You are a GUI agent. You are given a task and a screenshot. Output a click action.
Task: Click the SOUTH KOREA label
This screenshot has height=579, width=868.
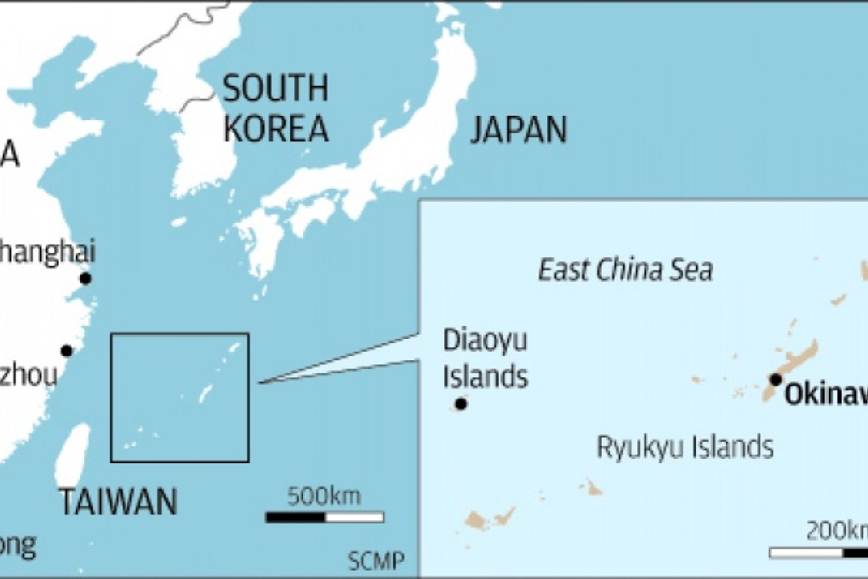[x=274, y=107]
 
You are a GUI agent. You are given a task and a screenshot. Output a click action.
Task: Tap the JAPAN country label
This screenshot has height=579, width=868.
[x=518, y=129]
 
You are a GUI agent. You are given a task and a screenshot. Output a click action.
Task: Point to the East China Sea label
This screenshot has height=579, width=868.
[x=625, y=271]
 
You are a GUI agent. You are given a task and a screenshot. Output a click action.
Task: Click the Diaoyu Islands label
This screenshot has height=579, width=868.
[x=485, y=358]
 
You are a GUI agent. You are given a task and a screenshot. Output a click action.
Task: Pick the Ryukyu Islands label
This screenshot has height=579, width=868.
[x=684, y=446]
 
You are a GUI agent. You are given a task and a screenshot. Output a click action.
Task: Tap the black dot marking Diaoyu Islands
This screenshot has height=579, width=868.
[x=460, y=404]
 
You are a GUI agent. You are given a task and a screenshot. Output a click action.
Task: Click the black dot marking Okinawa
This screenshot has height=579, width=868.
[x=775, y=379]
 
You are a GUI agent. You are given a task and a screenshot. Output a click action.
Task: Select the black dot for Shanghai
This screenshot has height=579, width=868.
[x=85, y=278]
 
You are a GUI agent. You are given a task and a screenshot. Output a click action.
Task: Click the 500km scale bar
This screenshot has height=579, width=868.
[x=324, y=517]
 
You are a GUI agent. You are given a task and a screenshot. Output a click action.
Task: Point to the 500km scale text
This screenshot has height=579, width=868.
[x=323, y=496]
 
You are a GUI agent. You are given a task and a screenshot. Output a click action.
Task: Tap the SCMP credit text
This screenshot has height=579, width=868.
[x=375, y=560]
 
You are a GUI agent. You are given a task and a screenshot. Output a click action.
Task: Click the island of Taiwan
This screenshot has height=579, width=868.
[x=75, y=456]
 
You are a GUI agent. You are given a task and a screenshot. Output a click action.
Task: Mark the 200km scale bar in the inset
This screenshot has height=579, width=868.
[x=818, y=553]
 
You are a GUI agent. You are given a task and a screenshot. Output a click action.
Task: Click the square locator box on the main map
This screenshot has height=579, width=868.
[x=180, y=397]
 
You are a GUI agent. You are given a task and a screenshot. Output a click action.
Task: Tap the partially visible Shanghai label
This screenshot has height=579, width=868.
[x=47, y=252]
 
